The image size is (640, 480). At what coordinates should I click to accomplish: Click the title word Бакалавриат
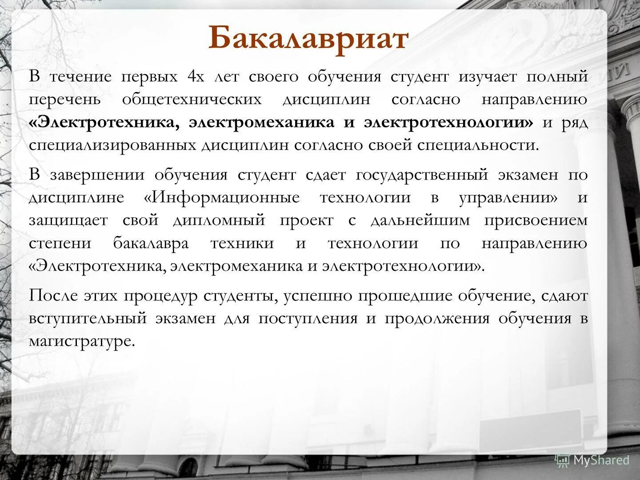point(308,38)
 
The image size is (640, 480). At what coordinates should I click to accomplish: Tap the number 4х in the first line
point(196,77)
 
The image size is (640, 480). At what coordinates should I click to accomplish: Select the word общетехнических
point(192,100)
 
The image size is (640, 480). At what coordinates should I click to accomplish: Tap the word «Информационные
point(222,197)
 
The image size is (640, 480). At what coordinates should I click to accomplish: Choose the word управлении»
point(508,198)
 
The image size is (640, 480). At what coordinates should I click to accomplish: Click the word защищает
point(68,220)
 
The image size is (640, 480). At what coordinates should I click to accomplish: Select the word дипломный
point(219,220)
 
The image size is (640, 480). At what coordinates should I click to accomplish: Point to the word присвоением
point(536,220)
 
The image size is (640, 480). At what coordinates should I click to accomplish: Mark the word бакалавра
point(151,244)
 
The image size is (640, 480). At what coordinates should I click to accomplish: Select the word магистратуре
point(81,341)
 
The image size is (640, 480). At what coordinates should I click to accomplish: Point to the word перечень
point(65,100)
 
